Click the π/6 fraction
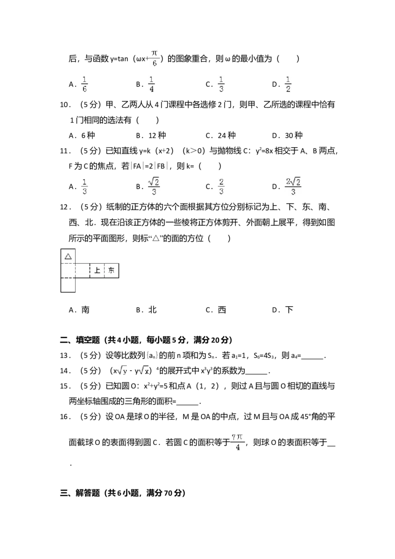tap(154, 57)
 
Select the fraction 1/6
tap(85, 83)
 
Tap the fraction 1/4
tap(152, 83)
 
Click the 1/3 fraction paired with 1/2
tap(221, 83)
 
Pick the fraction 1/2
tap(288, 83)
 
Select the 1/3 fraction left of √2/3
tap(85, 186)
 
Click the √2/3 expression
tap(154, 186)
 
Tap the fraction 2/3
tap(221, 186)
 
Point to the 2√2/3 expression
tap(294, 186)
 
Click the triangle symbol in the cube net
tap(68, 256)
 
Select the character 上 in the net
tap(97, 271)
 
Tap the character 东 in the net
tap(112, 271)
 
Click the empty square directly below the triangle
tap(68, 271)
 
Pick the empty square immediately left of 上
tap(82, 271)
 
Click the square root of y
tap(122, 370)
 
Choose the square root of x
tap(143, 370)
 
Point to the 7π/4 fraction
tap(238, 442)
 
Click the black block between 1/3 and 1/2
tap(276, 83)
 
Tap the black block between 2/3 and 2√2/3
tap(276, 186)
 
